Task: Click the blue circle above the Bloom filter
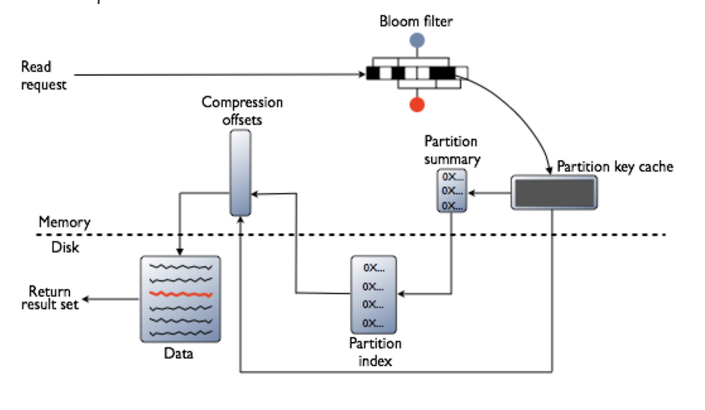417,40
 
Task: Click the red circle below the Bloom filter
417,104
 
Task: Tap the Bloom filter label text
416,21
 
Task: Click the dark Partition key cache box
554,192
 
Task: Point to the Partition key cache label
615,166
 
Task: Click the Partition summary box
451,191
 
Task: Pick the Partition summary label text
452,150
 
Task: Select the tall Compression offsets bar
241,172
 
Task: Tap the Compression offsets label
242,110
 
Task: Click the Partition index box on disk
373,294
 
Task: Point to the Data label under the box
179,353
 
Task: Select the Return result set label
50,298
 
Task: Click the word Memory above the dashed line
64,223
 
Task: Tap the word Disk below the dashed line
65,247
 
